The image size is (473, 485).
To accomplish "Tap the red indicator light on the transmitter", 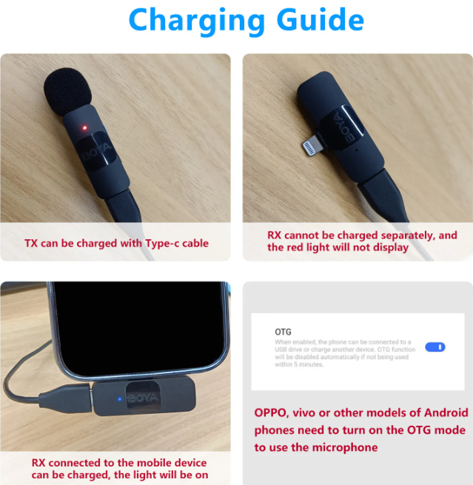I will (84, 127).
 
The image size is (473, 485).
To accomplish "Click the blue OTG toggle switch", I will (435, 347).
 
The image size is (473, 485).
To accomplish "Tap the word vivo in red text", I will (314, 412).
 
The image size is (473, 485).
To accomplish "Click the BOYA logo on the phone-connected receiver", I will (141, 398).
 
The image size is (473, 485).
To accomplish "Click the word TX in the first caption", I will (31, 243).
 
